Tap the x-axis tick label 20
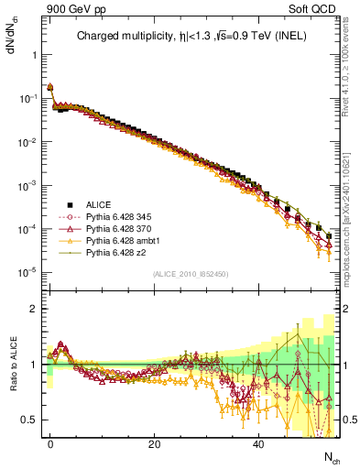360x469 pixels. tap(155, 443)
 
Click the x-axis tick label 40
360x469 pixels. tap(259, 443)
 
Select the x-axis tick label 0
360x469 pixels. tap(50, 443)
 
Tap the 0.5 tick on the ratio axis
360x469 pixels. tap(28, 420)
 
